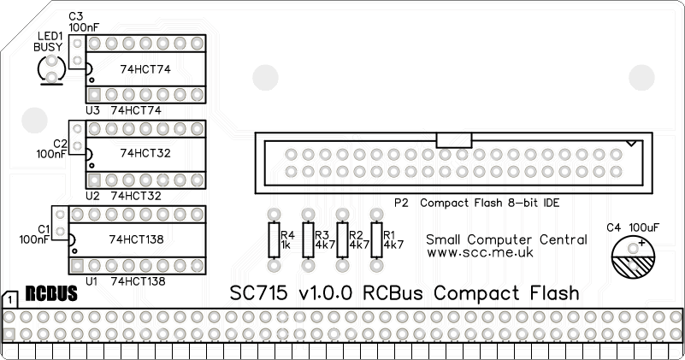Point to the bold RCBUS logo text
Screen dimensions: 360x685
click(x=51, y=294)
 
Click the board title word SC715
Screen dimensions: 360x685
click(x=259, y=292)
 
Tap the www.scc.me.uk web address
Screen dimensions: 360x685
click(x=480, y=253)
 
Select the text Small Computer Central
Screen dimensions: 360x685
click(x=506, y=239)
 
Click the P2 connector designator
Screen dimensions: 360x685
click(x=402, y=203)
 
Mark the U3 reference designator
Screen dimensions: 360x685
click(x=92, y=110)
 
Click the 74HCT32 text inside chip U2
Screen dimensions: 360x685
click(x=147, y=153)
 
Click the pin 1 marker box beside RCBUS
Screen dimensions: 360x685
click(x=9, y=300)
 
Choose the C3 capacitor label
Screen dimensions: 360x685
click(x=76, y=16)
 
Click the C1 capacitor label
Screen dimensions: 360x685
click(x=44, y=228)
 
